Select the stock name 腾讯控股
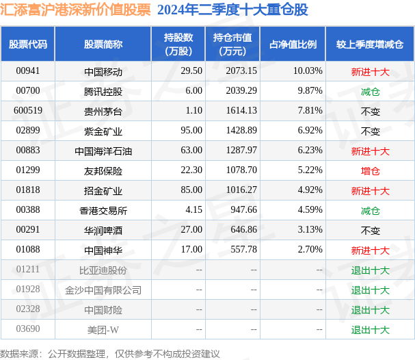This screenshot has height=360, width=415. click(x=103, y=91)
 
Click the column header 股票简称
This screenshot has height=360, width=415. click(x=103, y=44)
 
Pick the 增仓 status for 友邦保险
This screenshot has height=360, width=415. click(x=370, y=170)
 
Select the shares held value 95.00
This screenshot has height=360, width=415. click(x=189, y=131)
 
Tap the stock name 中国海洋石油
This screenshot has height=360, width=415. click(x=103, y=151)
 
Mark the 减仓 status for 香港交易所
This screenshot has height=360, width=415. click(x=370, y=211)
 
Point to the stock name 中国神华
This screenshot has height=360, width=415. click(x=103, y=250)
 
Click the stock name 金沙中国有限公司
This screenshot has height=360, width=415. click(x=103, y=290)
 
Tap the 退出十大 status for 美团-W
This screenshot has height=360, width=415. click(x=370, y=330)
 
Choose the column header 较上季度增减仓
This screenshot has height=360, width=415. click(x=370, y=44)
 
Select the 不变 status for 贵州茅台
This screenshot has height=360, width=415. click(x=370, y=111)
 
